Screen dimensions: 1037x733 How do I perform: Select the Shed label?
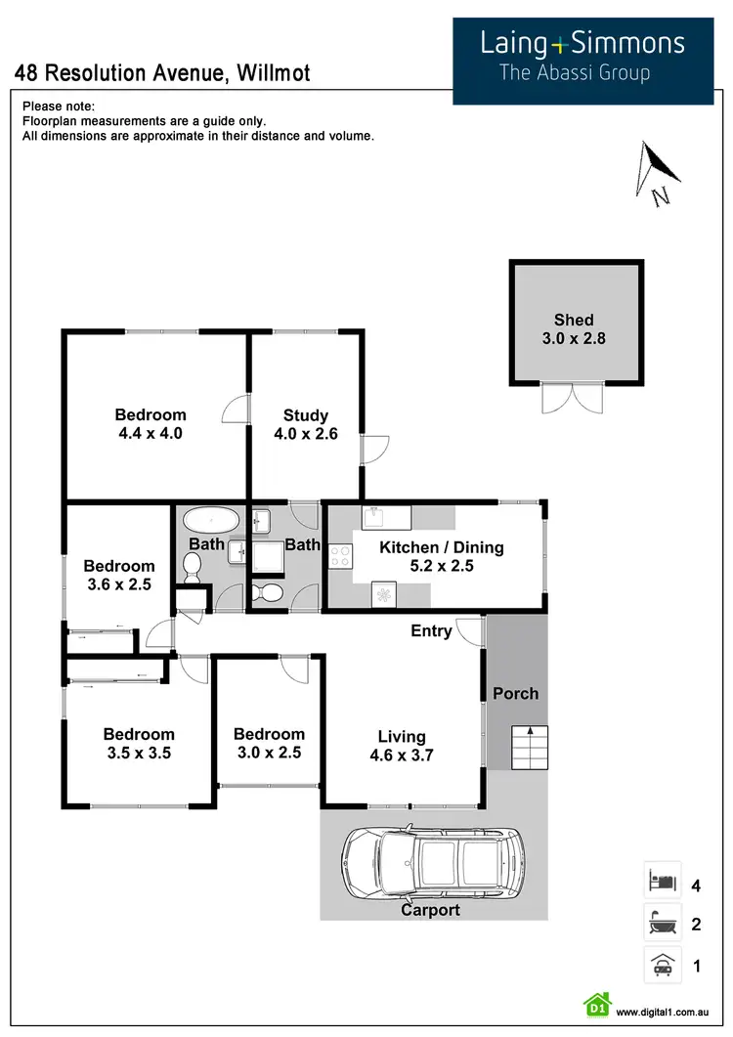coord(574,320)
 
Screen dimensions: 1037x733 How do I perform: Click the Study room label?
coord(305,415)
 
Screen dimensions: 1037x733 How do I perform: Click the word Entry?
coord(431,631)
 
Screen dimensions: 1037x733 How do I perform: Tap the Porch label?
coord(515,694)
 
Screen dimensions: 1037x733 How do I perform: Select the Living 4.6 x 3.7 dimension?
coord(403,755)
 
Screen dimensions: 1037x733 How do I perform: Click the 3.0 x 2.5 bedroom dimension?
coord(269,753)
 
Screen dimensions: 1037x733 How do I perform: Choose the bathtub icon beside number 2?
coord(661,923)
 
